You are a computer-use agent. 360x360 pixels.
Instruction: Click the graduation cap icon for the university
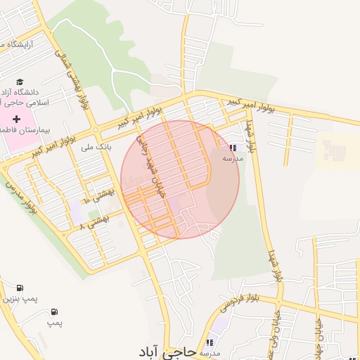point(20,82)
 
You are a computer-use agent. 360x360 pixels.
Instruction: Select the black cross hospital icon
point(17,119)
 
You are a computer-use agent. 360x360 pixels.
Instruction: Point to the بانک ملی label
point(97,147)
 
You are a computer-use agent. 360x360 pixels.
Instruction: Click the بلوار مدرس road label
point(21,198)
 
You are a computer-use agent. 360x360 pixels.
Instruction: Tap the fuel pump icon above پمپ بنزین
point(19,288)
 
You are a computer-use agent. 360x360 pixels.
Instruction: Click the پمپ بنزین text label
point(20,299)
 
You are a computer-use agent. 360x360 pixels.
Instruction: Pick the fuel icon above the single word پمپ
point(55,311)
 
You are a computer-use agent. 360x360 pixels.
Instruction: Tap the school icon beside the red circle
point(233,148)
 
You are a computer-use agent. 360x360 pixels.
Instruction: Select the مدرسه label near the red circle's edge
point(233,158)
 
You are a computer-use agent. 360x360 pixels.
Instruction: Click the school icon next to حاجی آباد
point(209,342)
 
